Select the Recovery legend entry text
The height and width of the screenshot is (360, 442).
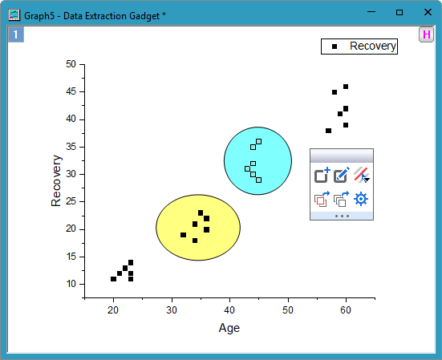pos(372,47)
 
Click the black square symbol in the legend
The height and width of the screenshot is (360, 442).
pos(335,47)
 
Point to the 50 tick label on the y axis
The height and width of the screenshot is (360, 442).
pos(71,64)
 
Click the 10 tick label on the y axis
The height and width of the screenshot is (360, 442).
pos(71,284)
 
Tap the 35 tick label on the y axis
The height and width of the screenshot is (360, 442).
pos(71,147)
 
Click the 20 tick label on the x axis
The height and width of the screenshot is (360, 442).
pos(113,310)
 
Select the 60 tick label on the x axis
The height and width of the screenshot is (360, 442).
pos(346,310)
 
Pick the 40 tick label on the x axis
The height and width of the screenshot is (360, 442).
pos(229,310)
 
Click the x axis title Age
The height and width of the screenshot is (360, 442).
pos(229,327)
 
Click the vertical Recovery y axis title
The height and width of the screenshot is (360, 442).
pos(56,187)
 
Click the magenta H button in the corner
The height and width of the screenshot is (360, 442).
pos(426,34)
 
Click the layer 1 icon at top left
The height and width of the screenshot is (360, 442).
pos(16,34)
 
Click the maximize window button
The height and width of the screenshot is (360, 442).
pos(399,12)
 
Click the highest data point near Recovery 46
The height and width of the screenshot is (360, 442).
pos(346,87)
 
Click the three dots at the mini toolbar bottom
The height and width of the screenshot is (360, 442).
pos(342,216)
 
